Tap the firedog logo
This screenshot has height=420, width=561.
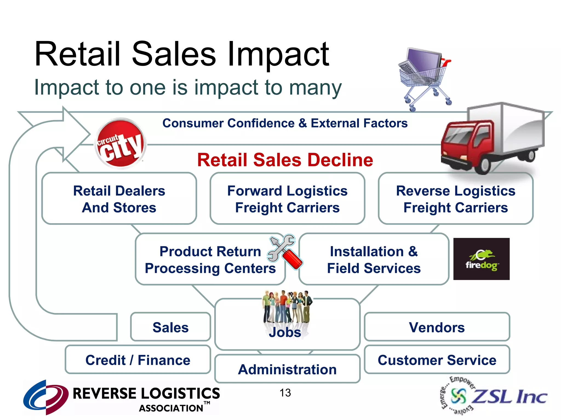pyautogui.click(x=481, y=259)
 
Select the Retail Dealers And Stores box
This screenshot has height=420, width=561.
pyautogui.click(x=119, y=199)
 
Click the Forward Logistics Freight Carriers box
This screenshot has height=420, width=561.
pyautogui.click(x=287, y=199)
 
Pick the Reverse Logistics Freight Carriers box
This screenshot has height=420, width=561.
pyautogui.click(x=456, y=199)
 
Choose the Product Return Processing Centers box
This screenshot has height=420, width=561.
pyautogui.click(x=210, y=259)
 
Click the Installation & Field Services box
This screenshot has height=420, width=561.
pyautogui.click(x=374, y=259)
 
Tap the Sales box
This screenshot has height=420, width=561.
pyautogui.click(x=171, y=327)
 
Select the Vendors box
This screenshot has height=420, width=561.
pyautogui.click(x=437, y=327)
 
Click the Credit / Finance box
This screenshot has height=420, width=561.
pyautogui.click(x=138, y=360)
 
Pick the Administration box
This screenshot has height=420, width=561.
pyautogui.click(x=287, y=369)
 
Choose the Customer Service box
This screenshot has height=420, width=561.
pyautogui.click(x=437, y=360)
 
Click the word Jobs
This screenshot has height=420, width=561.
pyautogui.click(x=285, y=332)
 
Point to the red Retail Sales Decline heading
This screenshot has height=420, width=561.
pyautogui.click(x=285, y=160)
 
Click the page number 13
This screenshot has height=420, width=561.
pyautogui.click(x=285, y=393)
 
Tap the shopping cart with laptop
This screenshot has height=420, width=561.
pyautogui.click(x=423, y=77)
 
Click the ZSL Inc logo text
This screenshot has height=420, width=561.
pyautogui.click(x=510, y=396)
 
